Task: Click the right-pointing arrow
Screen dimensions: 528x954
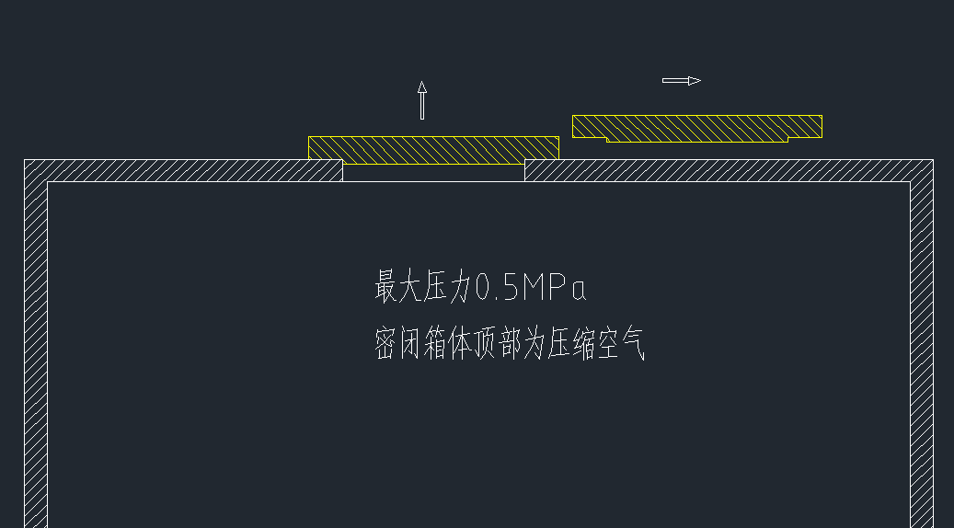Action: tap(681, 80)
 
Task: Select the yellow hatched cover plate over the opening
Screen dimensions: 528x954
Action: tap(433, 149)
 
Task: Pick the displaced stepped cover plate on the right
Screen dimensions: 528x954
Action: tap(696, 126)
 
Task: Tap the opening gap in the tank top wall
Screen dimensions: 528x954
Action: tap(433, 172)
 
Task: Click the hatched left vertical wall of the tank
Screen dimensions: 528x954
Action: tap(36, 350)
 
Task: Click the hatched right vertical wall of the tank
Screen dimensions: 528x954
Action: tap(922, 350)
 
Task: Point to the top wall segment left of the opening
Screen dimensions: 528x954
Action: tap(184, 170)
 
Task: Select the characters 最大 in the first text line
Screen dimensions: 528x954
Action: tap(397, 287)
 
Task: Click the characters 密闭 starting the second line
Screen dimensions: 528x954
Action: tap(397, 344)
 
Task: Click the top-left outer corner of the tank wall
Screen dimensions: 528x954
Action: tap(25, 160)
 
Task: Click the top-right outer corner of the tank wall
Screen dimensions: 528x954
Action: tap(933, 160)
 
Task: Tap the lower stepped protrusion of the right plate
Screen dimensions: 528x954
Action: tap(696, 139)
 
